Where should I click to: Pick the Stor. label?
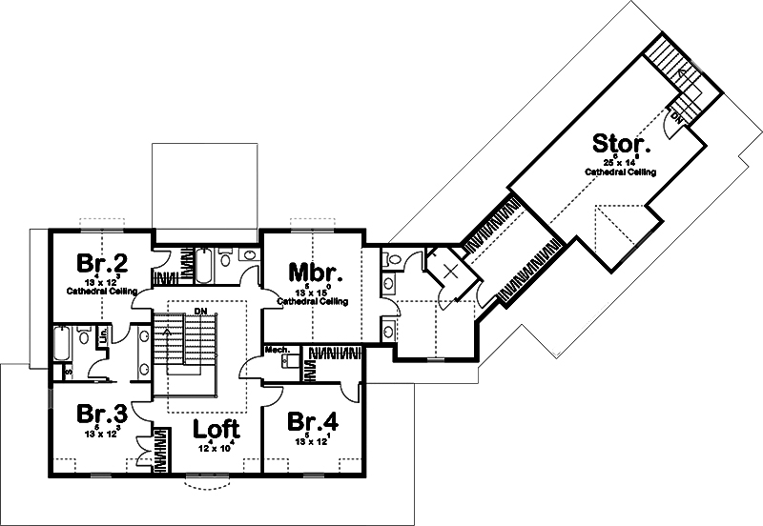click(x=622, y=145)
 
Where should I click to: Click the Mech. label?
click(x=277, y=349)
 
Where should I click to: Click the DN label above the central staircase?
click(x=199, y=311)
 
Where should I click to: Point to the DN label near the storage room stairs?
click(x=676, y=118)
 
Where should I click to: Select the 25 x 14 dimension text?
click(x=621, y=164)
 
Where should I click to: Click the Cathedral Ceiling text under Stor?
click(x=621, y=172)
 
